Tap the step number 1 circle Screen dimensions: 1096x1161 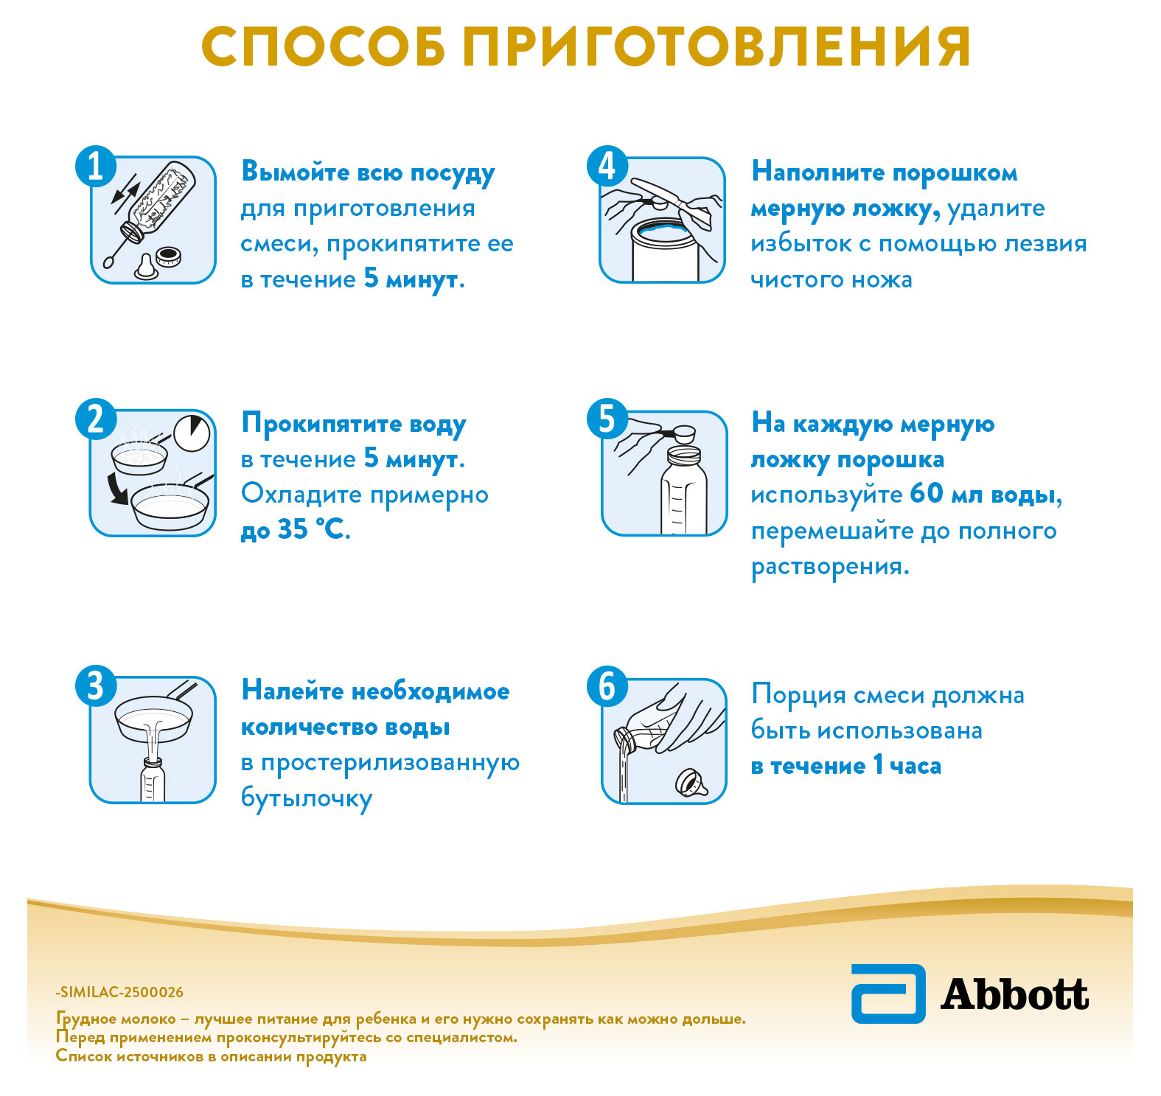coord(96,166)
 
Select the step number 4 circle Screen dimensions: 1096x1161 coord(606,166)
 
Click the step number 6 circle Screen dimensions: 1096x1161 coord(606,686)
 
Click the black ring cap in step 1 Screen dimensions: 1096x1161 coord(170,256)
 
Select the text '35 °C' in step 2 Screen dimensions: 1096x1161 coord(310,529)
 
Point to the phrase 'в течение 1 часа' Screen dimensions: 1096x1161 coord(846,766)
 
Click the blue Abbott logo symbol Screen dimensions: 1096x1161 coord(888,993)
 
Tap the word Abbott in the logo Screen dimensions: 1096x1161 coord(1014,994)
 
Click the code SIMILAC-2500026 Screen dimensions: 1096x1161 coord(121,992)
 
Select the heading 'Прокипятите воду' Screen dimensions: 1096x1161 coord(354,424)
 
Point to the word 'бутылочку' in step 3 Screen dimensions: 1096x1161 coord(307,798)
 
